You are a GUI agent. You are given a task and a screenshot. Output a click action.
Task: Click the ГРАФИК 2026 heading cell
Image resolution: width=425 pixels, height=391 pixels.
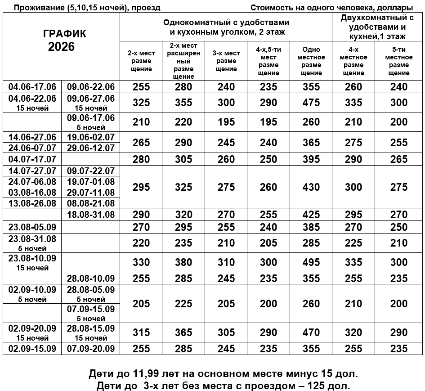tap(61, 40)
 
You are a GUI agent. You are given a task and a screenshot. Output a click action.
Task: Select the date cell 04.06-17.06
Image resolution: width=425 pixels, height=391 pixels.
tap(32, 87)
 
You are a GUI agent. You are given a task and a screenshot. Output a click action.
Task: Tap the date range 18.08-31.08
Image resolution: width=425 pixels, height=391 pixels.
tap(90, 214)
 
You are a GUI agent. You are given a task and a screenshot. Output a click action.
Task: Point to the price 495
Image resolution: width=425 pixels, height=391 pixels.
tap(311, 262)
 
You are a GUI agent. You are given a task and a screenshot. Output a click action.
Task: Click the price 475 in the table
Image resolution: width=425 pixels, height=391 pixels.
tap(311, 103)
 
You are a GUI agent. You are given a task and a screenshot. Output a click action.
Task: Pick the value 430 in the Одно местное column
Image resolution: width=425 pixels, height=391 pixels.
tap(311, 187)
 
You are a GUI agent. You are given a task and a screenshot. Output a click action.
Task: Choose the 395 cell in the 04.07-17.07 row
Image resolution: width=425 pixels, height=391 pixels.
tap(311, 159)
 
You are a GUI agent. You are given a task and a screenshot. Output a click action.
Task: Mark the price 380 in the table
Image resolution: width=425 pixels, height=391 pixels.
tap(183, 262)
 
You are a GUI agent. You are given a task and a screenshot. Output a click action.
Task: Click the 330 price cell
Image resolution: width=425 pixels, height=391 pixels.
tap(141, 262)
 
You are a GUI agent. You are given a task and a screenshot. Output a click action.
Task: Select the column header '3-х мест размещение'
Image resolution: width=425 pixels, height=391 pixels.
tap(226, 61)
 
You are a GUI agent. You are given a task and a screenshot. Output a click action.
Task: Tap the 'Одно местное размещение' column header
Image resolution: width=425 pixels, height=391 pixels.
tap(311, 61)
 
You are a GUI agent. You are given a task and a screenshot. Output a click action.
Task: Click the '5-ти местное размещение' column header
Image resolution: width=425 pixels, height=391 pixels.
tap(398, 61)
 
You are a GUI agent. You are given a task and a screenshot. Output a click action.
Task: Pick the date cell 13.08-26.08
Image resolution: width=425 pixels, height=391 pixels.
tap(32, 203)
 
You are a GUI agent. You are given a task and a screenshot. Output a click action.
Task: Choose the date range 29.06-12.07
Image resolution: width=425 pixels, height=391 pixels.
tap(90, 148)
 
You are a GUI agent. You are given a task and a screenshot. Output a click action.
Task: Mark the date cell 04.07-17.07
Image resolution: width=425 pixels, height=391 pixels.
tap(32, 159)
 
